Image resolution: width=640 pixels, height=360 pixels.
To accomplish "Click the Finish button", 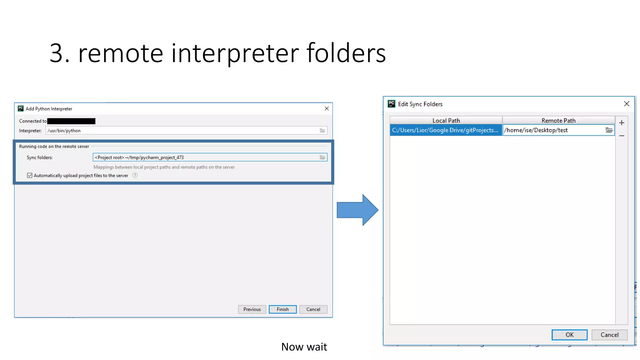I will point(282,309).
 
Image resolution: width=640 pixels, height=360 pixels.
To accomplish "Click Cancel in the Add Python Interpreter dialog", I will point(313,309).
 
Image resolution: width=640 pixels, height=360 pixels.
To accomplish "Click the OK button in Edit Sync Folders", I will point(569,335).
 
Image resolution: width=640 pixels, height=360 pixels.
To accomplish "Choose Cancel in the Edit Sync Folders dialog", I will point(609,335).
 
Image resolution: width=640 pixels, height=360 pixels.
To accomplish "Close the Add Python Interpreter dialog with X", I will point(327,108).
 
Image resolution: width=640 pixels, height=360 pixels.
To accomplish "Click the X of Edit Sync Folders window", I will point(627,104).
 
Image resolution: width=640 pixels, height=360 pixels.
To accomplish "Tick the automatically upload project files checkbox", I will point(30,176).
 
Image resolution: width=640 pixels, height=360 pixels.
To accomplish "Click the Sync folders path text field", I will point(203,157).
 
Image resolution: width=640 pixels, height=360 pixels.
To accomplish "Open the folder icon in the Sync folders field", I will point(322,157).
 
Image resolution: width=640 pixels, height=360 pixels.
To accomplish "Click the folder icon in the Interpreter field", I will point(322,131).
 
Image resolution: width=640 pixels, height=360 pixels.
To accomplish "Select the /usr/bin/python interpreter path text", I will point(64,131).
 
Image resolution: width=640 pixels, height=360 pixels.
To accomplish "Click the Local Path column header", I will point(446,121).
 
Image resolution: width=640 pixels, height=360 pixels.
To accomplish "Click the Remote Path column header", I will point(558,121).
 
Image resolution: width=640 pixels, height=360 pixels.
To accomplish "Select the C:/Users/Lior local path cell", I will point(445,130).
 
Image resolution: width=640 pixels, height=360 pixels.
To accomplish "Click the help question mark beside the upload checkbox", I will point(135,175).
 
